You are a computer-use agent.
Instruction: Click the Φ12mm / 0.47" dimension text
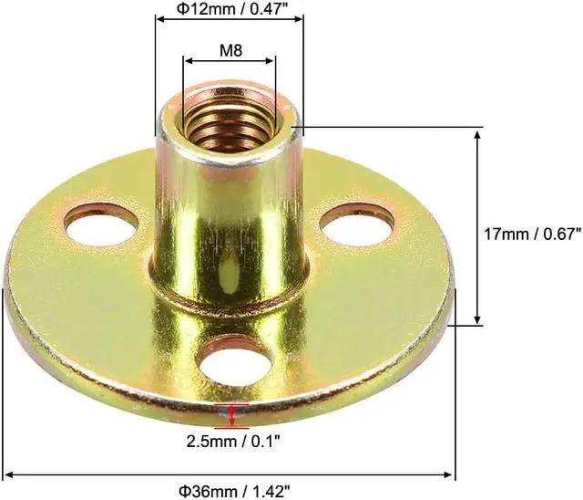click(229, 12)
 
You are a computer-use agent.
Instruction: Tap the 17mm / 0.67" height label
click(527, 234)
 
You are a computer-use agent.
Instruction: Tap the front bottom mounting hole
click(234, 358)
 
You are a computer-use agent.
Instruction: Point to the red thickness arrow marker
click(235, 416)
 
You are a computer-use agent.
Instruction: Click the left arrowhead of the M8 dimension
click(189, 61)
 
